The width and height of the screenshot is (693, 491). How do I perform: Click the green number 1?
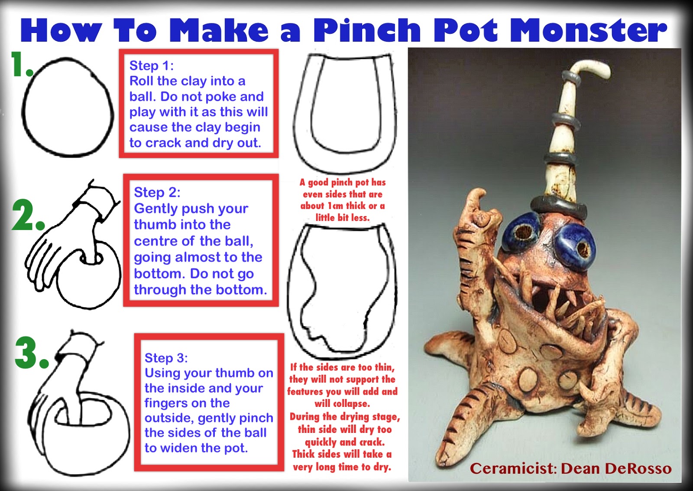coord(19,64)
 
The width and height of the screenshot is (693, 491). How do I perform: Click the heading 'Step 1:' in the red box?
coord(151,65)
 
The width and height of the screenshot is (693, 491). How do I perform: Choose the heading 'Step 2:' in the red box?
coord(157,192)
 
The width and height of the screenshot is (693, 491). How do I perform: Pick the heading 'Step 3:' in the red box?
coord(166,358)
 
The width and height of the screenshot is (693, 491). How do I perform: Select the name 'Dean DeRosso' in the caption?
coord(616,468)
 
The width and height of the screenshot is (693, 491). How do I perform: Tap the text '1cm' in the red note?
coord(335,206)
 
